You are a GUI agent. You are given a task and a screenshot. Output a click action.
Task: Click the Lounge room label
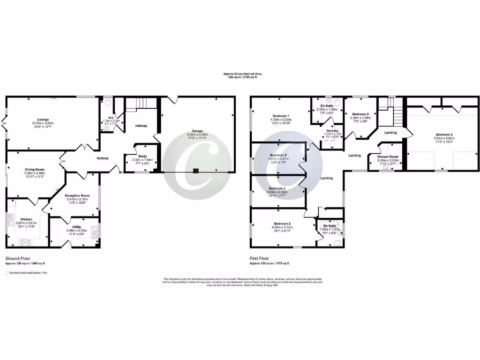click(x=43, y=120)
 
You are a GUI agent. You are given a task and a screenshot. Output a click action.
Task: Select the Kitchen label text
click(x=25, y=219)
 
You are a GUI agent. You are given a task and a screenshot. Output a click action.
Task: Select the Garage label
click(x=196, y=131)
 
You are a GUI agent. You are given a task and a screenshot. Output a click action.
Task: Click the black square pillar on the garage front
click(x=196, y=171)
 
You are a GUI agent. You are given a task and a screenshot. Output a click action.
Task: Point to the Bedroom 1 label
click(x=281, y=116)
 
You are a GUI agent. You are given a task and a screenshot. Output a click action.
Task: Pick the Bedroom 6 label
click(x=360, y=114)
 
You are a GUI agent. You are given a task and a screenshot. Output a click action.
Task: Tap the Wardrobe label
click(x=332, y=130)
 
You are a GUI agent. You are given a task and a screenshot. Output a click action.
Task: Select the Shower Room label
click(x=388, y=157)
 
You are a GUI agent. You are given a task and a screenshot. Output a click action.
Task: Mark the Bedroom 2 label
click(x=282, y=224)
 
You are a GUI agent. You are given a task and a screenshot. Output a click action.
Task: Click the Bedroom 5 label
click(x=278, y=155)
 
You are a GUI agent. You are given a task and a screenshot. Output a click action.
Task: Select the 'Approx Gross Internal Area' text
click(x=242, y=74)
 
